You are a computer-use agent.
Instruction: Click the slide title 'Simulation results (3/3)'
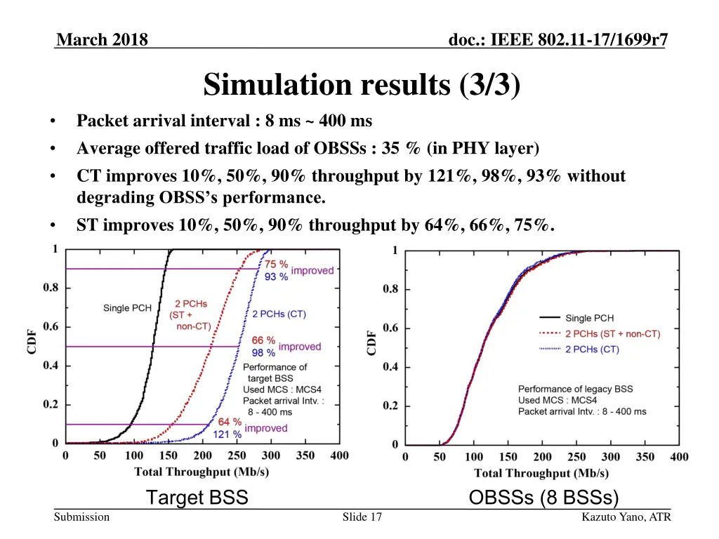pos(362,86)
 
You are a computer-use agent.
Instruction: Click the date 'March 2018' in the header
pos(103,40)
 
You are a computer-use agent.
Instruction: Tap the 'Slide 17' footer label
pos(362,517)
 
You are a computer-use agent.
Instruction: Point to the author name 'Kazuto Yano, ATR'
pos(626,517)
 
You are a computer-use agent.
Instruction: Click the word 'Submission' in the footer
pos(83,517)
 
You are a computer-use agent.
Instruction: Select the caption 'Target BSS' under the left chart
pos(197,498)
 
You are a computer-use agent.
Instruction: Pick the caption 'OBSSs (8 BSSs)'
pos(543,498)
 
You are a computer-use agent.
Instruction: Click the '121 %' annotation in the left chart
pos(227,434)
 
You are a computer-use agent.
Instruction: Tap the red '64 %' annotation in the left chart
pos(230,422)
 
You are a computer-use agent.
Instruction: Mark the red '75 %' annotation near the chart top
pos(276,265)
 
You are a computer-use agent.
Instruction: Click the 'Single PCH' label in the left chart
pos(127,308)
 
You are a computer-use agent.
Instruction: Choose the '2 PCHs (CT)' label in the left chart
pos(279,314)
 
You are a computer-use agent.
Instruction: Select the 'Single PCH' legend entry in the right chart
pos(588,319)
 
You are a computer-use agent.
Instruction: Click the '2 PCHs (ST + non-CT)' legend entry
pos(612,334)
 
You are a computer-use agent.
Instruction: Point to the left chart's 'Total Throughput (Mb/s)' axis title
pos(202,472)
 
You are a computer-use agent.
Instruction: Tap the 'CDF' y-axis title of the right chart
pos(371,343)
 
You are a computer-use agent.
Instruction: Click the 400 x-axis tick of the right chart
pos(679,458)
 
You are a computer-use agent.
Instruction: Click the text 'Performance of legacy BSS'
pos(575,389)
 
